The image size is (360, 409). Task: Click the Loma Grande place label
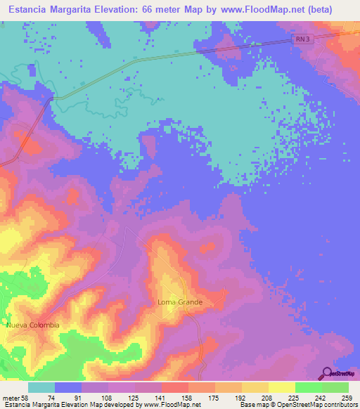pyautogui.click(x=180, y=302)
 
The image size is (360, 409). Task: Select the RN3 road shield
pyautogui.click(x=302, y=41)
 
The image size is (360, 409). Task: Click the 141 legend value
pyautogui.click(x=161, y=397)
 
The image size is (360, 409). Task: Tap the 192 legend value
pyautogui.click(x=241, y=397)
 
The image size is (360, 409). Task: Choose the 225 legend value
pyautogui.click(x=295, y=397)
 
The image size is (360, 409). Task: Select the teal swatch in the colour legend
pyautogui.click(x=41, y=387)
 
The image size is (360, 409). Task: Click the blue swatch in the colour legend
pyautogui.click(x=68, y=387)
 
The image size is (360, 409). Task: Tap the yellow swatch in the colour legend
pyautogui.click(x=255, y=387)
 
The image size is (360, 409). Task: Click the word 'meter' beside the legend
pyautogui.click(x=11, y=397)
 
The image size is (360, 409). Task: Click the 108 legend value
pyautogui.click(x=108, y=397)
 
